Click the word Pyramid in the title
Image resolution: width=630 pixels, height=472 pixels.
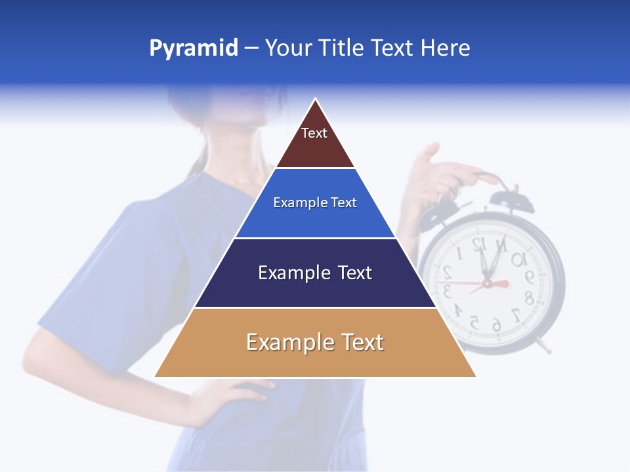(x=194, y=49)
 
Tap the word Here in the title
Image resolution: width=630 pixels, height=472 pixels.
(x=446, y=49)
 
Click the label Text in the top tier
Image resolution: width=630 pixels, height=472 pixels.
(x=314, y=133)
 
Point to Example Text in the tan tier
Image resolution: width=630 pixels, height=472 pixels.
(x=315, y=342)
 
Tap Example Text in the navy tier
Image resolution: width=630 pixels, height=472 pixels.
(x=315, y=273)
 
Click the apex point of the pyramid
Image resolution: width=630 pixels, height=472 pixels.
(x=316, y=100)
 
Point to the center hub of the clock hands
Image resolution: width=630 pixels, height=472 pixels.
(x=487, y=283)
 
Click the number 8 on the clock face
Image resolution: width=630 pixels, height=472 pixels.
(x=529, y=298)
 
